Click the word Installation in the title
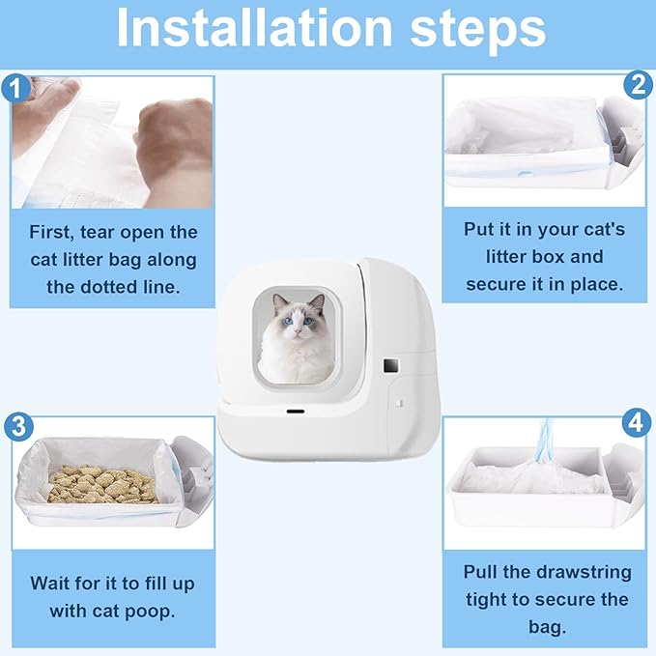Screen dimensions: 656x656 pyautogui.click(x=254, y=28)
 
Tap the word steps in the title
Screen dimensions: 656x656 pyautogui.click(x=478, y=30)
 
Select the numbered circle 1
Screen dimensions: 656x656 pyautogui.click(x=15, y=88)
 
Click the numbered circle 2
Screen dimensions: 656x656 pyautogui.click(x=638, y=85)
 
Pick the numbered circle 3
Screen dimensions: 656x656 pyautogui.click(x=18, y=427)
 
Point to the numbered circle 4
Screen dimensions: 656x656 pyautogui.click(x=637, y=422)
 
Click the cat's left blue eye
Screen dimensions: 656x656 pyautogui.click(x=288, y=322)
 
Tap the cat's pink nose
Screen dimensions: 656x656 pyautogui.click(x=298, y=331)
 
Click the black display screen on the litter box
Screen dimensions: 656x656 pyautogui.click(x=391, y=366)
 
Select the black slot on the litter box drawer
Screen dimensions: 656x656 pyautogui.click(x=296, y=412)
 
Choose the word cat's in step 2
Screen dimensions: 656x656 pyautogui.click(x=602, y=229)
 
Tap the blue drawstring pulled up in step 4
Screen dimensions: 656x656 pyautogui.click(x=545, y=441)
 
